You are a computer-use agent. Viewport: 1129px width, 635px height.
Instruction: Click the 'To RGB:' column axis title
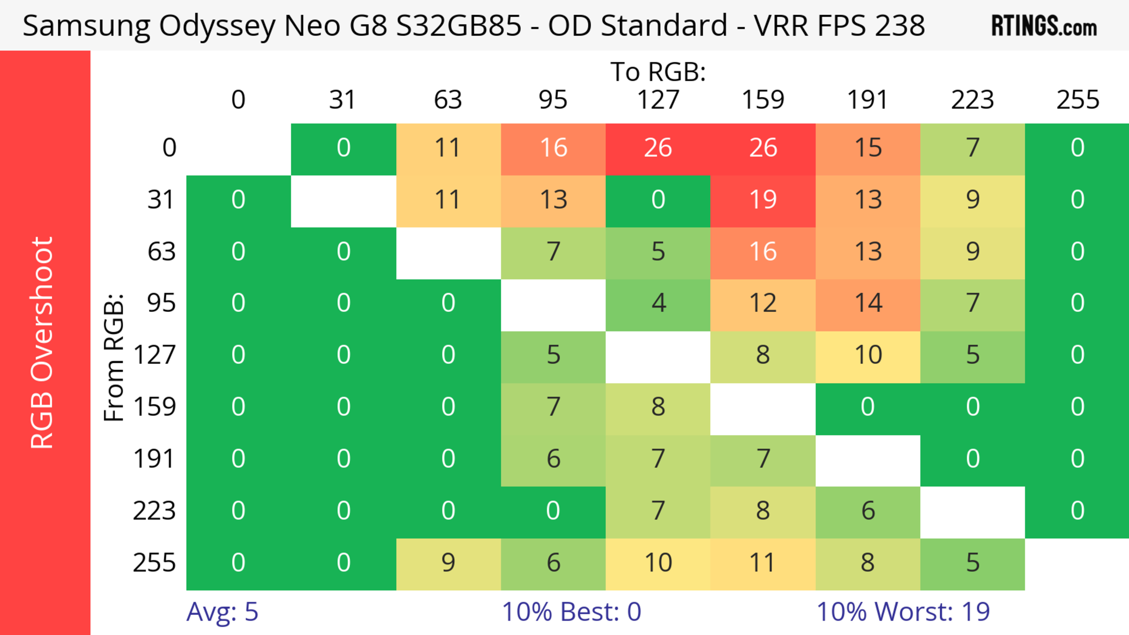click(658, 72)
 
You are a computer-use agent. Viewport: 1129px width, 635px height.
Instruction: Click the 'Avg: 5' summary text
click(222, 612)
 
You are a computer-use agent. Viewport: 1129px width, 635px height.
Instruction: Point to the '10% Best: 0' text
click(571, 612)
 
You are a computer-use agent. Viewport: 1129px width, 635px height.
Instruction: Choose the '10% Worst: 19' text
click(903, 612)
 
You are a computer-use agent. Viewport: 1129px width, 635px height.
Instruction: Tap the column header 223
click(973, 100)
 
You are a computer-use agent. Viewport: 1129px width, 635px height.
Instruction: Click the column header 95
click(553, 100)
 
